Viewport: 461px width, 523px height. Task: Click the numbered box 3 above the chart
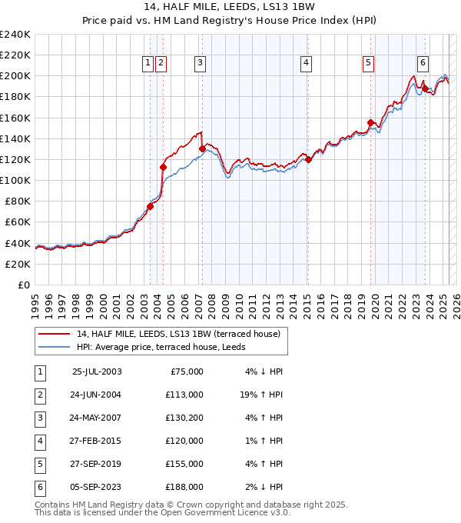[x=200, y=64]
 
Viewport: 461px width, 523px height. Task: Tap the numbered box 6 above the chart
[x=423, y=64]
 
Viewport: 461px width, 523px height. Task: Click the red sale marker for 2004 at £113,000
[x=163, y=167]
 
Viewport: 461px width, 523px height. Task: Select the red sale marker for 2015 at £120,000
[x=307, y=160]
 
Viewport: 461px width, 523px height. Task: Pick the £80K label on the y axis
[x=17, y=201]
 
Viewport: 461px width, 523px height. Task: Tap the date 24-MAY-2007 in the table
[x=97, y=419]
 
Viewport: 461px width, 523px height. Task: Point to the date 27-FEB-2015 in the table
[x=97, y=441]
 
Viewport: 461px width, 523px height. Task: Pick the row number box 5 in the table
[x=39, y=465]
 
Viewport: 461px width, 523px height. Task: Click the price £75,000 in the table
[x=185, y=372]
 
